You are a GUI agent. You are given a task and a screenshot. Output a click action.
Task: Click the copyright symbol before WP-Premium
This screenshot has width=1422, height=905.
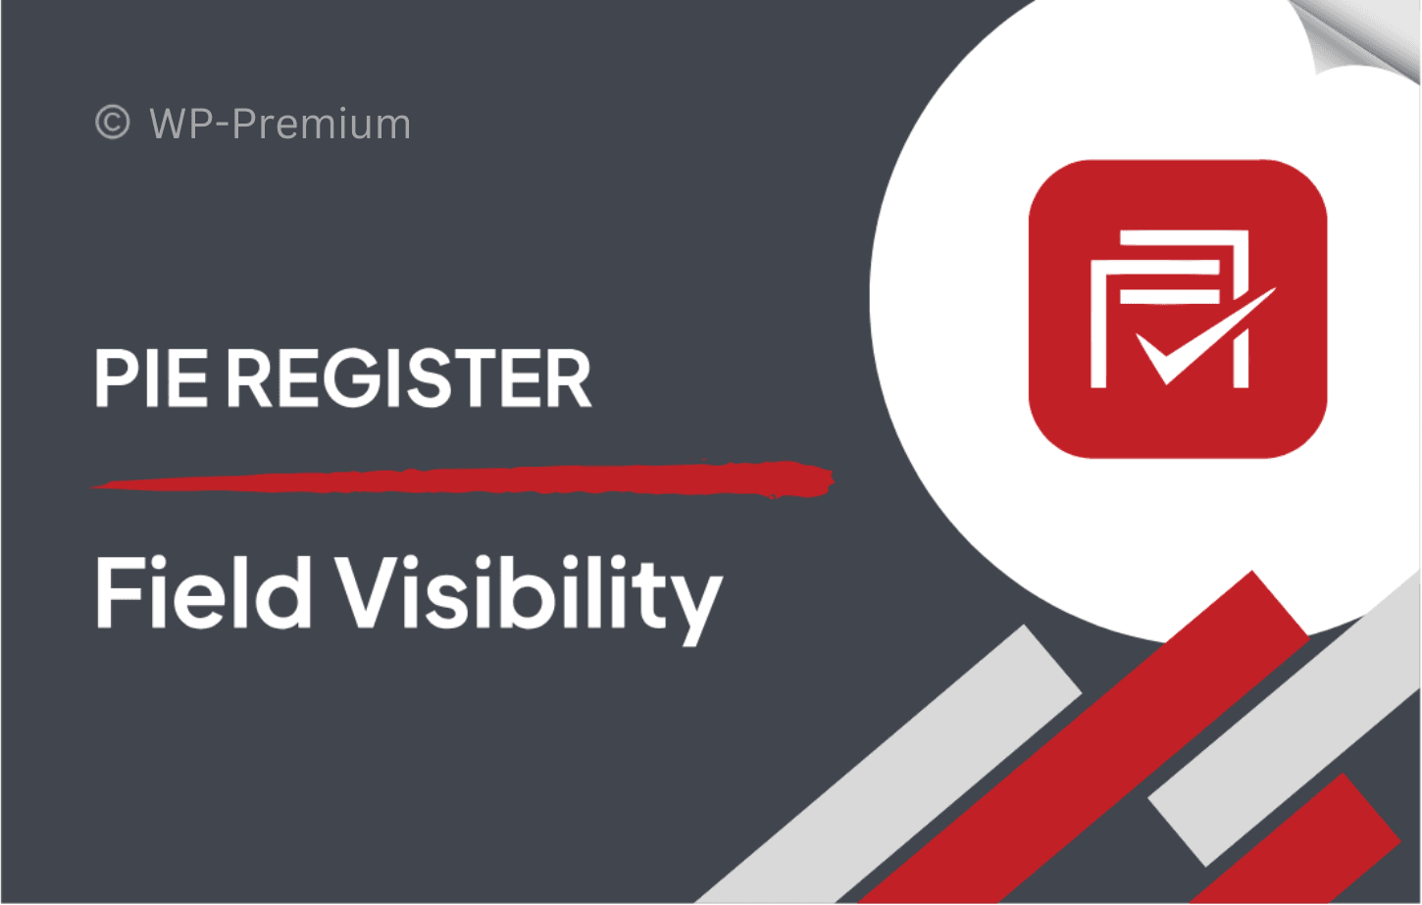click(113, 122)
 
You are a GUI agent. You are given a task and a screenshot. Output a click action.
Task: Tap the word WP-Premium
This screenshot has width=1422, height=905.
click(279, 124)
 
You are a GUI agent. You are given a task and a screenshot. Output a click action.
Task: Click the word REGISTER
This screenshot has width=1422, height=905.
click(410, 378)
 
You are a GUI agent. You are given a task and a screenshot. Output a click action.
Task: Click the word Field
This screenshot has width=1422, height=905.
click(203, 591)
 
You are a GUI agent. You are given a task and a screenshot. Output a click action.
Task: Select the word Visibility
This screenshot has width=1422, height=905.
click(529, 600)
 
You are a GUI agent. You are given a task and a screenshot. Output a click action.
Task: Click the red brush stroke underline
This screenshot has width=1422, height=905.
click(462, 479)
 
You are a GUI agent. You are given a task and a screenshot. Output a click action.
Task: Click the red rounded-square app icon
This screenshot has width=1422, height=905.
click(1178, 309)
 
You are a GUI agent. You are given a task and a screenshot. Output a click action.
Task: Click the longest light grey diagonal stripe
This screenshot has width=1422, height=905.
click(889, 765)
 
